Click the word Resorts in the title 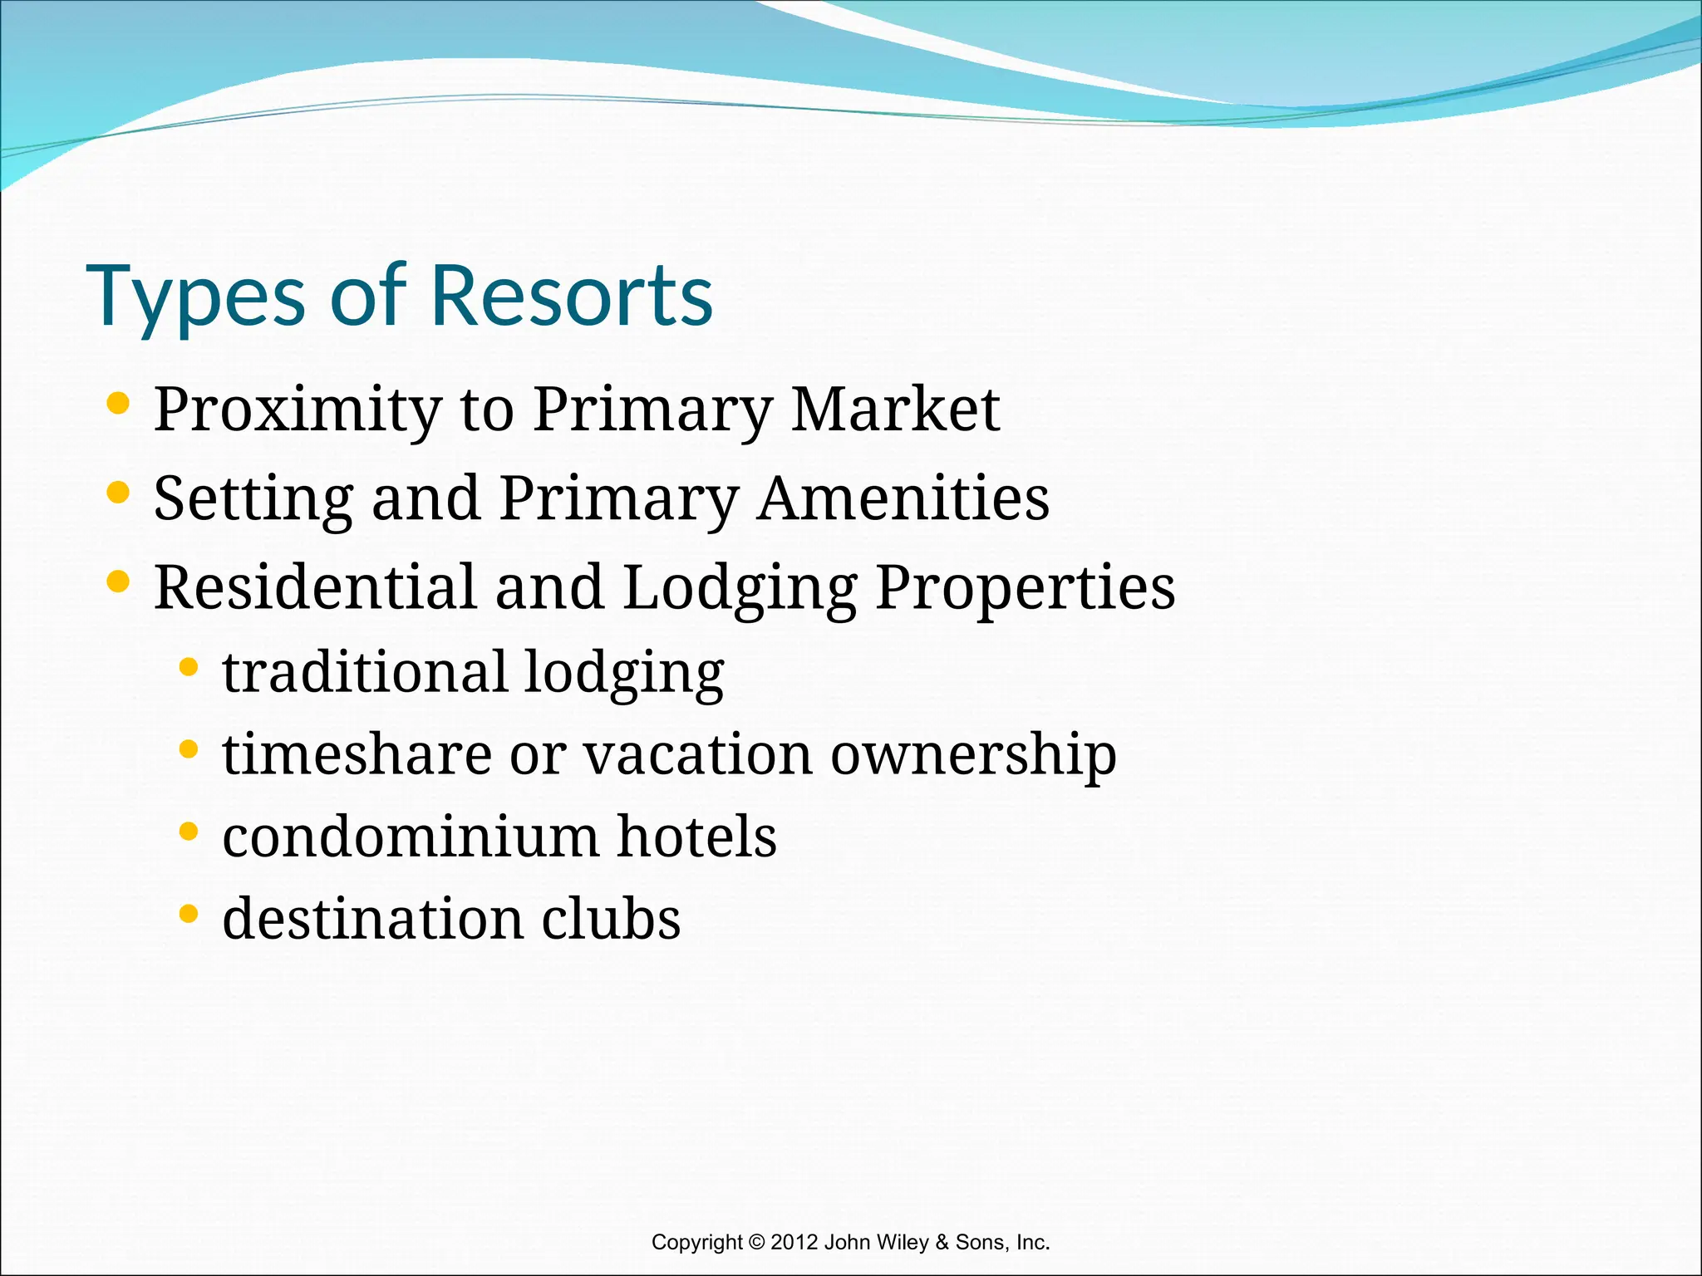(572, 296)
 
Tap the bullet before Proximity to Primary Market (119, 404)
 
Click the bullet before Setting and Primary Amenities (119, 493)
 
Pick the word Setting (253, 500)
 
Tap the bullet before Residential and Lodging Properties (119, 582)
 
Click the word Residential (315, 586)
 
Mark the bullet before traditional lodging (189, 667)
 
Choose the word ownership (973, 756)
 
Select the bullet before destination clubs (189, 914)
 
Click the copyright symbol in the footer (756, 1243)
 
